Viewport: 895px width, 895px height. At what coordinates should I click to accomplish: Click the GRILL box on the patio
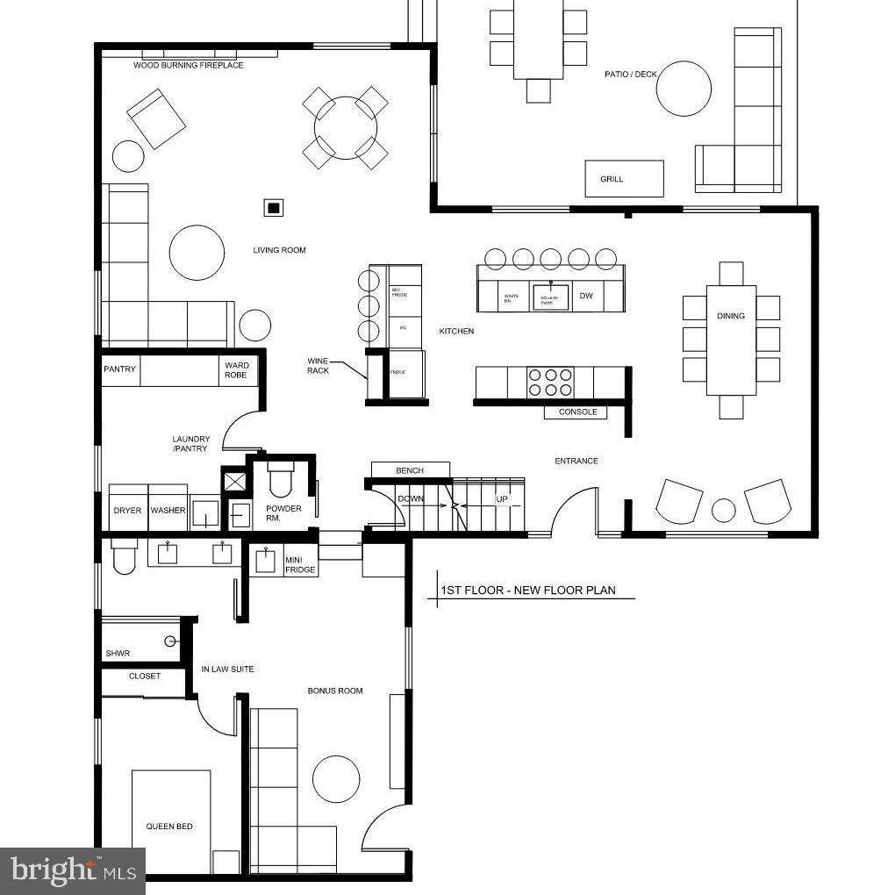[624, 179]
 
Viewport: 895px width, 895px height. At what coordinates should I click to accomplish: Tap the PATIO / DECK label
[630, 75]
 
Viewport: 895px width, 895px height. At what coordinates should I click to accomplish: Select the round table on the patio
[684, 89]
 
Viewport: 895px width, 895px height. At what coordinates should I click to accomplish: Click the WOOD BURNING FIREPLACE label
[189, 66]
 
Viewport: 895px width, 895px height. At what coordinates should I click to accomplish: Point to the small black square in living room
[274, 208]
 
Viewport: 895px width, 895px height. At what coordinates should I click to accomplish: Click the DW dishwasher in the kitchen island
[586, 297]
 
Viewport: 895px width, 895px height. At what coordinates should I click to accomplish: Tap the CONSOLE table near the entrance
[576, 412]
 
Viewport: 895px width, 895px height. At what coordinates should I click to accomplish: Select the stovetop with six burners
[549, 383]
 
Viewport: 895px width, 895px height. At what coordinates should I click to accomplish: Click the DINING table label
[731, 316]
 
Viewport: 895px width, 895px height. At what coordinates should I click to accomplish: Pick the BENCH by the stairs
[410, 470]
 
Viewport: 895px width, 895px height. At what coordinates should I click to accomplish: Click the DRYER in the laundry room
[127, 511]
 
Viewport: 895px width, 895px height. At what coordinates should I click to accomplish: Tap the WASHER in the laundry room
[168, 511]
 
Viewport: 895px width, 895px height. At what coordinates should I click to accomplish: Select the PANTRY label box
[120, 369]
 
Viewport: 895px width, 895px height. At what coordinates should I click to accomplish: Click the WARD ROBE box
[237, 370]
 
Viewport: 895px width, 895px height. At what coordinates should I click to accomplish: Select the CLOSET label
[145, 677]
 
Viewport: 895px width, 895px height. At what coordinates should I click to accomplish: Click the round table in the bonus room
[336, 778]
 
